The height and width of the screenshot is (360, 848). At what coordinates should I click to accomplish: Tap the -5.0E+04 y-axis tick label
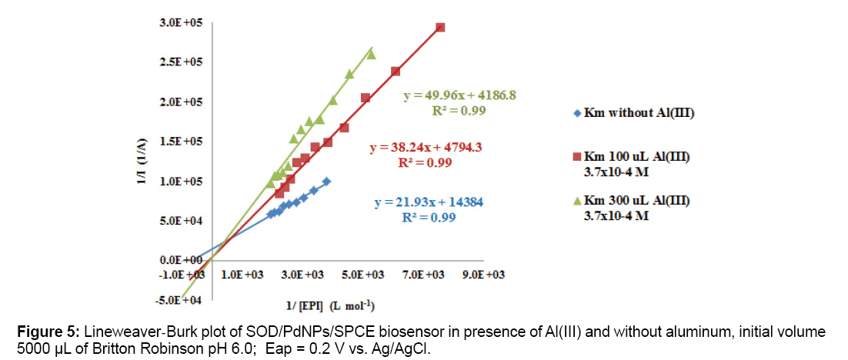pos(182,299)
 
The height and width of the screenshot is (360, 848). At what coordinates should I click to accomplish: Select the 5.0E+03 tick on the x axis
pos(363,275)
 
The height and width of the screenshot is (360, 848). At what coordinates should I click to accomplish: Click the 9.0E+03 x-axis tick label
pos(484,275)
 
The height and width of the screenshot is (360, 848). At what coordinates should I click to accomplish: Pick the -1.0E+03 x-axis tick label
pos(182,275)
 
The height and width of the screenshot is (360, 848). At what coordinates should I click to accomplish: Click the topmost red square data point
pos(440,28)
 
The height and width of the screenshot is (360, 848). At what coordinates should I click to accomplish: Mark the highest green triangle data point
pos(371,54)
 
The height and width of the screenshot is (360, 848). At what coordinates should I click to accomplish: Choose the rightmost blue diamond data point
pos(326,181)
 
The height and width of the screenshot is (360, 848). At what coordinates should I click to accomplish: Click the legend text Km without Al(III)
pos(639,114)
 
